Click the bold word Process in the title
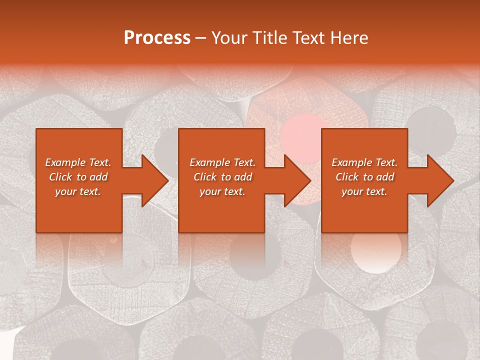point(157,38)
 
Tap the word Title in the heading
point(270,38)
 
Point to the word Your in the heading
point(230,38)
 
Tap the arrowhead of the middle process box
point(297,180)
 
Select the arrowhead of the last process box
point(440,180)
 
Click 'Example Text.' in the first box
point(78,162)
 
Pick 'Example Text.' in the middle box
point(222,162)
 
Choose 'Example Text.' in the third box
point(364,162)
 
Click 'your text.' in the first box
point(78,191)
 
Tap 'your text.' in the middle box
point(222,191)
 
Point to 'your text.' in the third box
point(364,191)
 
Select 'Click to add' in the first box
point(78,177)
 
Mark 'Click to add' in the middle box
point(222,177)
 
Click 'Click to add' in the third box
point(364,177)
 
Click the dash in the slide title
point(201,38)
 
